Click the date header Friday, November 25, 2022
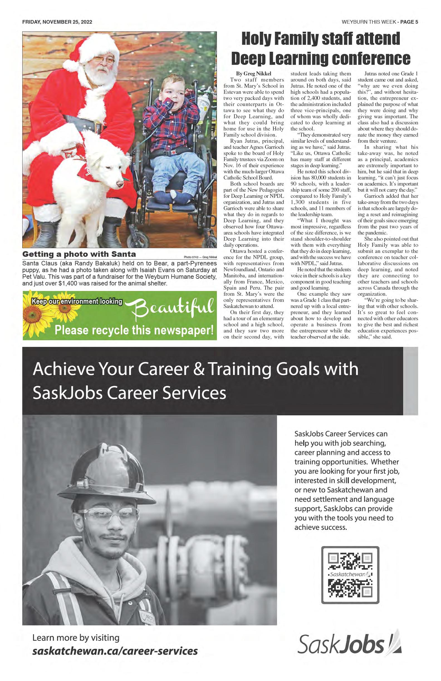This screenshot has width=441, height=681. click(x=57, y=22)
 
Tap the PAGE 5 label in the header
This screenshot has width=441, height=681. click(x=409, y=22)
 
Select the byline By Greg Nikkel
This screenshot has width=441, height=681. click(x=253, y=74)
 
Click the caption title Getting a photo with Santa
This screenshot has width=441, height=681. click(x=79, y=254)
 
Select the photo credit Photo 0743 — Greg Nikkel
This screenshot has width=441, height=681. click(x=200, y=257)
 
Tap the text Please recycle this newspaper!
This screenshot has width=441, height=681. click(x=134, y=330)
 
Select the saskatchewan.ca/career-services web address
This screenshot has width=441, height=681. click(x=115, y=650)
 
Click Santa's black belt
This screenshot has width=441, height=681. click(x=83, y=122)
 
